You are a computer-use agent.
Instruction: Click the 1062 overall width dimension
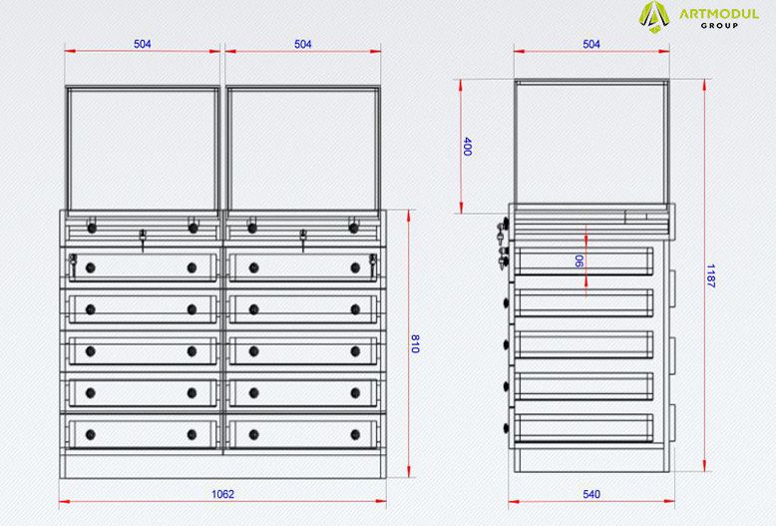222,494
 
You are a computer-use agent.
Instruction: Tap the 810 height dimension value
415,343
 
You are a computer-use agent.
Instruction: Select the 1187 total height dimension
711,275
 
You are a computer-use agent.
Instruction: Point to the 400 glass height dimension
467,147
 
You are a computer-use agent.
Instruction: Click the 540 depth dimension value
591,494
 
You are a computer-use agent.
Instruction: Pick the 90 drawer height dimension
579,262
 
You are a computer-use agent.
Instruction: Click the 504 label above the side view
591,44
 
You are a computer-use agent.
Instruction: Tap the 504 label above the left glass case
142,44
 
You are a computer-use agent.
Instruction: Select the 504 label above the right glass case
303,44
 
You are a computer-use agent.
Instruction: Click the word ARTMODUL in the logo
718,13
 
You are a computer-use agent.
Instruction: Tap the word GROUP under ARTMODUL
719,26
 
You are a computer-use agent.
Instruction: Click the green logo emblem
654,17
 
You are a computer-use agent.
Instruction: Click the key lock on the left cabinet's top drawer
73,264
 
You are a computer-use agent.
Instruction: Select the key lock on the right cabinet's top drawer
373,264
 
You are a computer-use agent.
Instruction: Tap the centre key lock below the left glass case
143,240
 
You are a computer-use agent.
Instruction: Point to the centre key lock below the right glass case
303,240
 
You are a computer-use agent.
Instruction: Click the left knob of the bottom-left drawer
91,435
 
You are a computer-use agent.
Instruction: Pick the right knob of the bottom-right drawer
355,435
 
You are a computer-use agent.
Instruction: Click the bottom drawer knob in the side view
507,428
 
